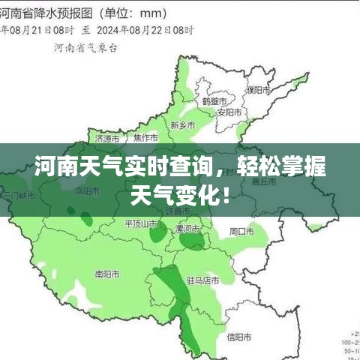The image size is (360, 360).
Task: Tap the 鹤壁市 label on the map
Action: (214, 100)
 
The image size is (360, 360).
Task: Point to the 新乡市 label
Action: (183, 124)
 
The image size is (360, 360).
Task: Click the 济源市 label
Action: (109, 139)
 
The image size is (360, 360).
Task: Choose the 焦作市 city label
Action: (145, 139)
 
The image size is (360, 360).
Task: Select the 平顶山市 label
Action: (141, 223)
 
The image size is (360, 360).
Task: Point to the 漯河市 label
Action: (187, 228)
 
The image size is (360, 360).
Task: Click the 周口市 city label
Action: (243, 230)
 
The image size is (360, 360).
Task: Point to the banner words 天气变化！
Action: (180, 196)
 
